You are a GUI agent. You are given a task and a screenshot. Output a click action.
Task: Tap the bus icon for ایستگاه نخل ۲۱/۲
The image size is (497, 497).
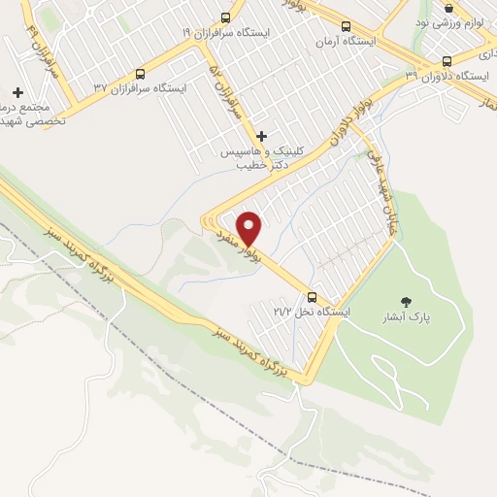tap(312, 297)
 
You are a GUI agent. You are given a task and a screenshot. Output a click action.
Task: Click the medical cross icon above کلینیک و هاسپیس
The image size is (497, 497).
tap(261, 136)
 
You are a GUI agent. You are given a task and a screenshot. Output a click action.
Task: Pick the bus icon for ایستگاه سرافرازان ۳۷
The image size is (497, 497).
tap(141, 73)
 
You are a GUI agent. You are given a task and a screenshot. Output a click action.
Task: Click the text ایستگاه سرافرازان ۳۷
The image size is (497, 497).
tap(141, 88)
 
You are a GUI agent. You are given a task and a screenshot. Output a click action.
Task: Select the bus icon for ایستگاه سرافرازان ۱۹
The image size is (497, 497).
tap(226, 17)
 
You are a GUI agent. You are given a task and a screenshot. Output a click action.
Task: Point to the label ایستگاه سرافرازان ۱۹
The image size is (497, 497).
tap(226, 32)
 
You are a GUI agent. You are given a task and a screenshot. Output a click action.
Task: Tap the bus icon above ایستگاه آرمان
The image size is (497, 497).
tap(348, 26)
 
